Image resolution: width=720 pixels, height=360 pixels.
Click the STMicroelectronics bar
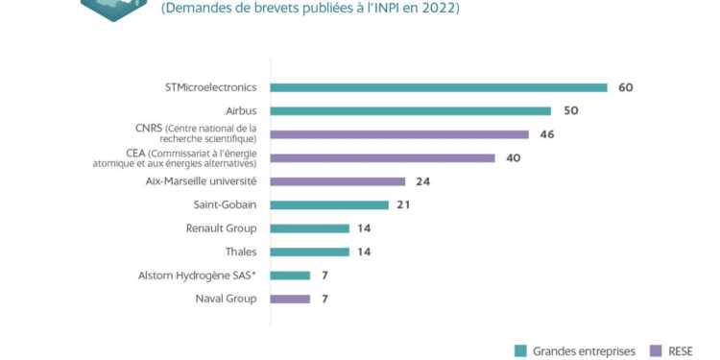[439, 87]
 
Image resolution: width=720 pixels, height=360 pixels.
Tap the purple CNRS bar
[399, 134]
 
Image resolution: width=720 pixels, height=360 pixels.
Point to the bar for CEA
[383, 157]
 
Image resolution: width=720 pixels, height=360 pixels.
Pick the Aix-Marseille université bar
[338, 181]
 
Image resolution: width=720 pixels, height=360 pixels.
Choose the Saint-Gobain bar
[329, 204]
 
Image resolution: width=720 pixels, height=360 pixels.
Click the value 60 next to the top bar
[626, 87]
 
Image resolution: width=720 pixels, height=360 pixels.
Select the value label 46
[547, 134]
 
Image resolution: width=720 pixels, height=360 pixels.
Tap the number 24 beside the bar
[423, 181]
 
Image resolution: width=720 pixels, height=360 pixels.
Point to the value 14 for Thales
[364, 252]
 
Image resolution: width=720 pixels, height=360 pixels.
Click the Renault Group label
[221, 228]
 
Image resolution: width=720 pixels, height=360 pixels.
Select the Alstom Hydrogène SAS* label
[198, 276]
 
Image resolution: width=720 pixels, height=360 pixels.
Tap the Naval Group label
[226, 299]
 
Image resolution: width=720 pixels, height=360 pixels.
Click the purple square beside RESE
[656, 349]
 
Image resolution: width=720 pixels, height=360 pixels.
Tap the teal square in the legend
[520, 349]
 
